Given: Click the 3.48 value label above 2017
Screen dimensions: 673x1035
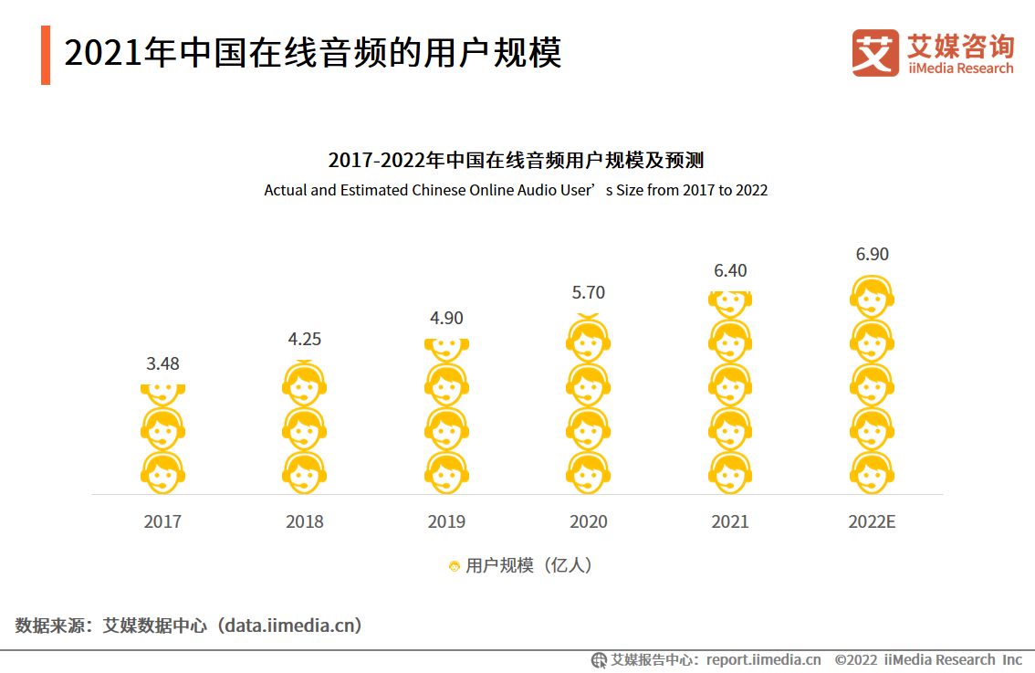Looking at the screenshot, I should [x=162, y=363].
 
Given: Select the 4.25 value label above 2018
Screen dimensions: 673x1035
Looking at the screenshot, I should [x=305, y=339].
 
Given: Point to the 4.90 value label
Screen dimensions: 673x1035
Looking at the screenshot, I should [x=446, y=318].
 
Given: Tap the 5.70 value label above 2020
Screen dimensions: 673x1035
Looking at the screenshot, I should [x=589, y=292].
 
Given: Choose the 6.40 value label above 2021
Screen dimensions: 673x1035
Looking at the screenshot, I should [x=730, y=270].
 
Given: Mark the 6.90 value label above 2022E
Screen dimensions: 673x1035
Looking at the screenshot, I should [x=872, y=254].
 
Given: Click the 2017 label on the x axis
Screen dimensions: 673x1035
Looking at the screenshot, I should [x=162, y=521].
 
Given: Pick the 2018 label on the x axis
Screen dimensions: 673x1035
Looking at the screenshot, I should [x=305, y=521].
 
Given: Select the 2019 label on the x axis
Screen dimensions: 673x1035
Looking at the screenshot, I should [x=446, y=521].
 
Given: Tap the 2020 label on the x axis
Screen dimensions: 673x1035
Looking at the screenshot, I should [x=589, y=521].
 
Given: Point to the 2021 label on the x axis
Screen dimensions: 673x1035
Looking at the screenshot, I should [x=730, y=521].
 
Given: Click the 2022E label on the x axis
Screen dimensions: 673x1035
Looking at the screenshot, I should [x=872, y=521].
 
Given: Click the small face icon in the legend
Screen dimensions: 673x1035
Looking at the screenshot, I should [x=454, y=566].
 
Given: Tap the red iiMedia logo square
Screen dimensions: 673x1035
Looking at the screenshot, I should [x=875, y=53].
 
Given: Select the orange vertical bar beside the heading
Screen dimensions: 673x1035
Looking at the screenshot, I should [x=46, y=55].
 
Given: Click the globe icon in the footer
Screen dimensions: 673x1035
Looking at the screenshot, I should [x=599, y=659].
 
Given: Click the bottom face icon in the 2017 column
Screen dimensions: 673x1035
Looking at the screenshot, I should [x=162, y=472].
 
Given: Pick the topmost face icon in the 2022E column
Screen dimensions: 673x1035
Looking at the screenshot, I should [x=872, y=296].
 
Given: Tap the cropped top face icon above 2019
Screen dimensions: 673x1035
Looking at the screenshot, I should [x=446, y=347].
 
